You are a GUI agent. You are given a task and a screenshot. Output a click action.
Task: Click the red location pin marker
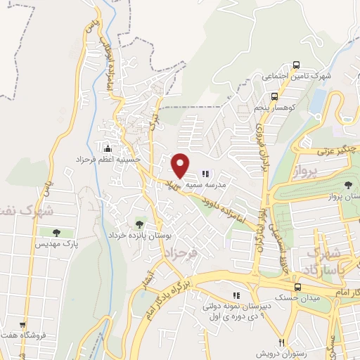[181, 165]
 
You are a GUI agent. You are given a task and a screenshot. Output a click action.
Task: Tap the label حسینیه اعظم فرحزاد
[109, 160]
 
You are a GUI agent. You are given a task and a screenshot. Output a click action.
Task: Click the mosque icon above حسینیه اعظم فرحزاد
[108, 148]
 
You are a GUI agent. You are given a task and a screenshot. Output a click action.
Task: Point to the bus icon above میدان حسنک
[297, 287]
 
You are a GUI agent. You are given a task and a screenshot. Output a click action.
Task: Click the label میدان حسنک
[295, 298]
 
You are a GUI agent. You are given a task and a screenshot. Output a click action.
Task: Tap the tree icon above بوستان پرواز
[347, 186]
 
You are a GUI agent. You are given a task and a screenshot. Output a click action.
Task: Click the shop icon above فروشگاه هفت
[23, 325]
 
